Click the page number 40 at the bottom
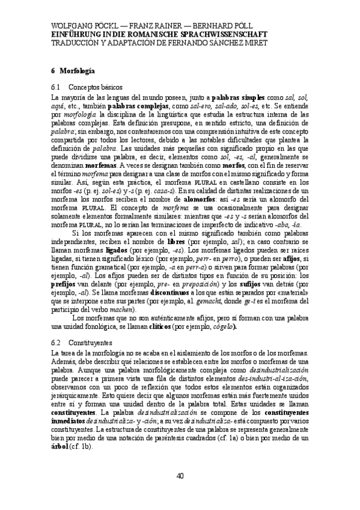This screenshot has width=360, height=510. click(x=180, y=477)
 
